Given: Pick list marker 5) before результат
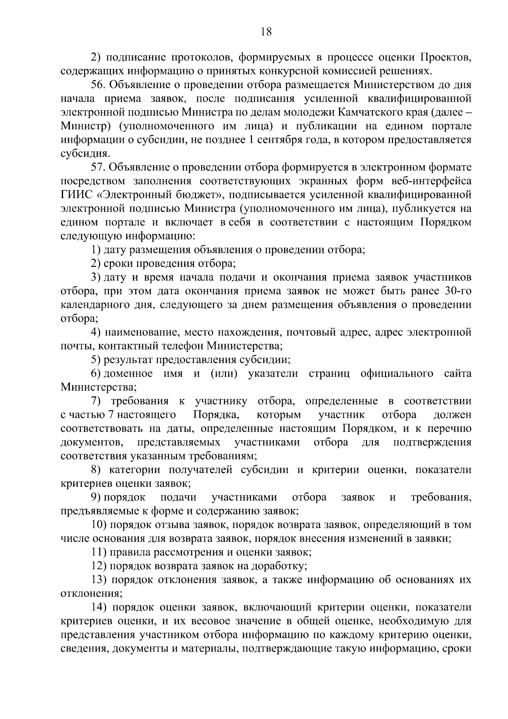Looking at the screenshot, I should pyautogui.click(x=96, y=361).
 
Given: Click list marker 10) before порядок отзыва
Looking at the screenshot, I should pyautogui.click(x=98, y=525).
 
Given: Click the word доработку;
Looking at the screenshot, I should pyautogui.click(x=279, y=567).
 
